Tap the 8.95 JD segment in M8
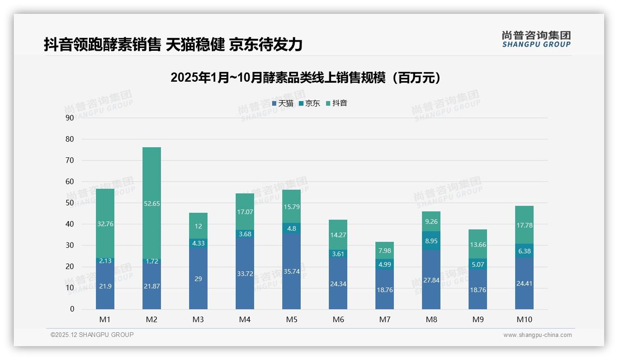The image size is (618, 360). (x=431, y=240)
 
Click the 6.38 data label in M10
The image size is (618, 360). (x=524, y=251)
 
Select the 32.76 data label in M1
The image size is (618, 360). (x=105, y=224)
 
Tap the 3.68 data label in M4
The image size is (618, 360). (x=245, y=234)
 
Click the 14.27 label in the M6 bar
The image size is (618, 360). (x=338, y=235)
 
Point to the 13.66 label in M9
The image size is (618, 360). (x=478, y=245)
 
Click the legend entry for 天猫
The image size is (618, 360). (x=283, y=103)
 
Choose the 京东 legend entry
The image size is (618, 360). (x=309, y=103)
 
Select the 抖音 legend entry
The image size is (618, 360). (x=337, y=103)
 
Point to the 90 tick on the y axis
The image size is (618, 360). (x=70, y=118)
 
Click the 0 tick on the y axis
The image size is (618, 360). (x=72, y=309)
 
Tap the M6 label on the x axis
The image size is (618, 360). (x=338, y=319)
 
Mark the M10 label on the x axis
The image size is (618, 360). (x=524, y=319)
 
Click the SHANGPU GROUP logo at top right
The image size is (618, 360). (x=536, y=39)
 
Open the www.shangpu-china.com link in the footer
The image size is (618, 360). (x=537, y=335)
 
